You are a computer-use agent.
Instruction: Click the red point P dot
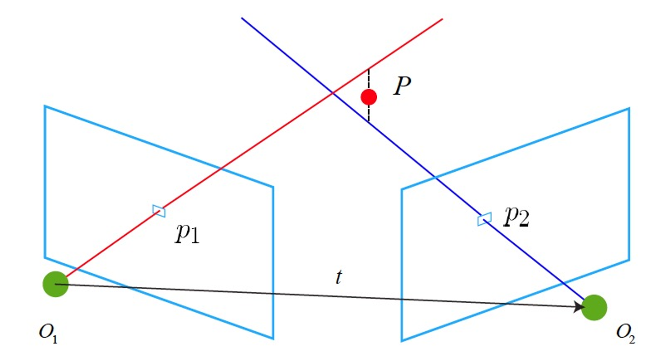pyautogui.click(x=369, y=97)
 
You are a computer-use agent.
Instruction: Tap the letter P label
pyautogui.click(x=402, y=86)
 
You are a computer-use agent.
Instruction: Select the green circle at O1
pyautogui.click(x=56, y=284)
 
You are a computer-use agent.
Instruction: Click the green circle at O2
pyautogui.click(x=594, y=308)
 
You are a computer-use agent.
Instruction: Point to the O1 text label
pyautogui.click(x=48, y=334)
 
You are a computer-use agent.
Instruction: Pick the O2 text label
pyautogui.click(x=625, y=334)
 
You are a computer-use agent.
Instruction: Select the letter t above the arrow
pyautogui.click(x=339, y=277)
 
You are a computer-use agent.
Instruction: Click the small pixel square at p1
pyautogui.click(x=159, y=211)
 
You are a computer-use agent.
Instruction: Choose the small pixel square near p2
pyautogui.click(x=484, y=219)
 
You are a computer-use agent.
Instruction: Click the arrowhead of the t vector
pyautogui.click(x=579, y=307)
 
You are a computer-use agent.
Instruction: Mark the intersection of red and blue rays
pyautogui.click(x=333, y=93)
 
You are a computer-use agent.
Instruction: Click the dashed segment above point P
pyautogui.click(x=369, y=79)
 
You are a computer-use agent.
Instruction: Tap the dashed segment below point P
pyautogui.click(x=369, y=114)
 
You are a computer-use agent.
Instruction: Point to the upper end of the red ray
pyautogui.click(x=442, y=19)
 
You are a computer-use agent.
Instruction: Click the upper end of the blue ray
pyautogui.click(x=242, y=18)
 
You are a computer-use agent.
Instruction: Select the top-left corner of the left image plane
pyautogui.click(x=45, y=106)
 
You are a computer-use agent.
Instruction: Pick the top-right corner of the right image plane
pyautogui.click(x=629, y=108)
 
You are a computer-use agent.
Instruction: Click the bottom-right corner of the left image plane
pyautogui.click(x=273, y=339)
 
